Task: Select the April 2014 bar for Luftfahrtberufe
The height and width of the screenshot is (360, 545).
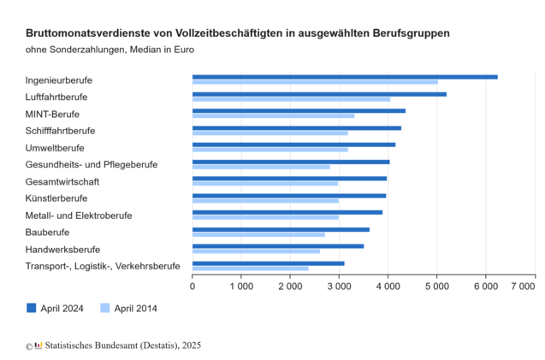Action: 291,99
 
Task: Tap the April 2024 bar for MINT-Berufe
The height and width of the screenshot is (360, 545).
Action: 299,110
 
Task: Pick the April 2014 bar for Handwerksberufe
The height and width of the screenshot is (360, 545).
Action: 256,251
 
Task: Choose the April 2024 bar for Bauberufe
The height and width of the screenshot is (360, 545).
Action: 281,229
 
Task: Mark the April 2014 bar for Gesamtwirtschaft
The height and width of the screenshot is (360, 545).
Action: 264,184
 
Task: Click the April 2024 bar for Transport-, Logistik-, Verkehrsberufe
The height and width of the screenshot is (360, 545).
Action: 268,263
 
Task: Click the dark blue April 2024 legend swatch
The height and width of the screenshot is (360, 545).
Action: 32,308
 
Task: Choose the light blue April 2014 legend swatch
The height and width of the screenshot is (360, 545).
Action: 106,308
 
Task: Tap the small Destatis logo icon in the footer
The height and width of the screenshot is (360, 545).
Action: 38,345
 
